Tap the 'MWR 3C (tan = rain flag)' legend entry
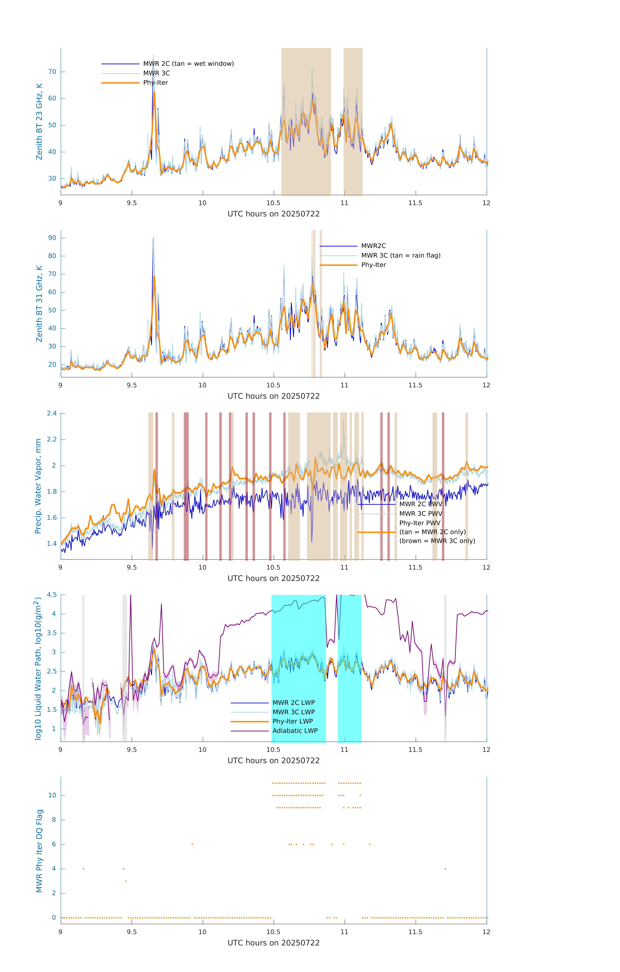click(x=401, y=255)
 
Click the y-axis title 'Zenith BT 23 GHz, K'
click(x=39, y=121)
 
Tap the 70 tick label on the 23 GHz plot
click(x=52, y=72)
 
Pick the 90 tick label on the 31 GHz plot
click(x=52, y=238)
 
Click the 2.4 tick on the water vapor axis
click(x=52, y=413)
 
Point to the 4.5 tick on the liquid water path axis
click(x=52, y=595)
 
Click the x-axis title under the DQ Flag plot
click(x=273, y=943)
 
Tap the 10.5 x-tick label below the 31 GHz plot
click(x=273, y=385)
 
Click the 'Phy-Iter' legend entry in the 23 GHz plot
click(x=155, y=83)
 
